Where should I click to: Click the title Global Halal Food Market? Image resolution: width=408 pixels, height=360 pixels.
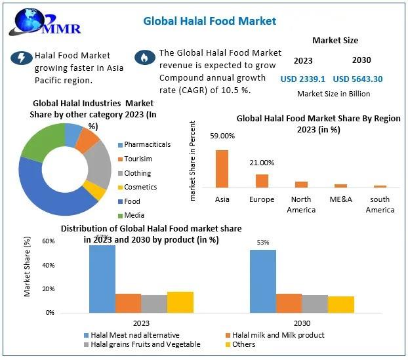click(x=209, y=21)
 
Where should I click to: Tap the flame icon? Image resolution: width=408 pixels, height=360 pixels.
click(x=143, y=57)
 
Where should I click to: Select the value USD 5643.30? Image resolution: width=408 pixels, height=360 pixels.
click(x=357, y=79)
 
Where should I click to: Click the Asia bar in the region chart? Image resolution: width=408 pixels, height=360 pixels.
click(x=222, y=169)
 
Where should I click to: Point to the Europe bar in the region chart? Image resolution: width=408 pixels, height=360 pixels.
click(x=262, y=181)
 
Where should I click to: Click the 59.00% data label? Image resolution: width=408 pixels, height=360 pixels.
click(x=222, y=136)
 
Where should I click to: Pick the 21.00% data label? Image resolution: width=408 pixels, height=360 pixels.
click(x=262, y=163)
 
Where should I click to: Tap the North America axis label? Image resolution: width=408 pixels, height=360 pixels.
click(x=301, y=205)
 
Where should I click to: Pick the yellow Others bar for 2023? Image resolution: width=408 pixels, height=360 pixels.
click(x=180, y=302)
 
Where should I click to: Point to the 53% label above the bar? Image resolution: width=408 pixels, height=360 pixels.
click(x=263, y=243)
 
